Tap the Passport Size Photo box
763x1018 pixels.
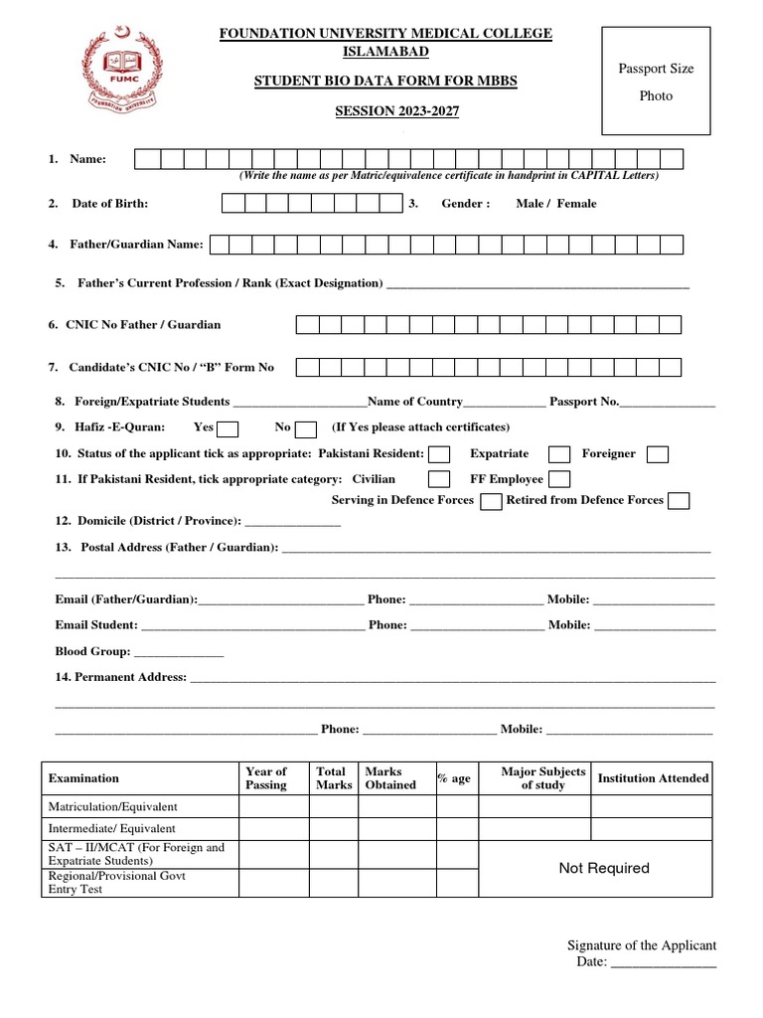[x=657, y=82]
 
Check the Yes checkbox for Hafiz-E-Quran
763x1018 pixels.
[x=228, y=429]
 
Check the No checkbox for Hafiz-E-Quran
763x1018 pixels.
[x=306, y=429]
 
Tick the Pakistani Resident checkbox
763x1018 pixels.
[x=439, y=454]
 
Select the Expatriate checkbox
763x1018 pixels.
[x=559, y=454]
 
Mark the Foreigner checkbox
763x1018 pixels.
[x=657, y=454]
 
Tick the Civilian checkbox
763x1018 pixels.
[x=438, y=479]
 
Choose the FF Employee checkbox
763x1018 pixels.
[x=558, y=479]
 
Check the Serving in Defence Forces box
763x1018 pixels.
[x=491, y=501]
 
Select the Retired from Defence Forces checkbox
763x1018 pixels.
[x=679, y=501]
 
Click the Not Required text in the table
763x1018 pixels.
[x=604, y=868]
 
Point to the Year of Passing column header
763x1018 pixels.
[x=265, y=778]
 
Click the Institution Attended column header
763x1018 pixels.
[x=653, y=778]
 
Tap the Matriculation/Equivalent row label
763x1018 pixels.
[x=113, y=807]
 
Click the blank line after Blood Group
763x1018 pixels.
[x=179, y=653]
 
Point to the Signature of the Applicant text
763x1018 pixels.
[x=641, y=945]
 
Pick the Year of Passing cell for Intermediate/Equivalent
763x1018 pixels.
[x=273, y=828]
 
